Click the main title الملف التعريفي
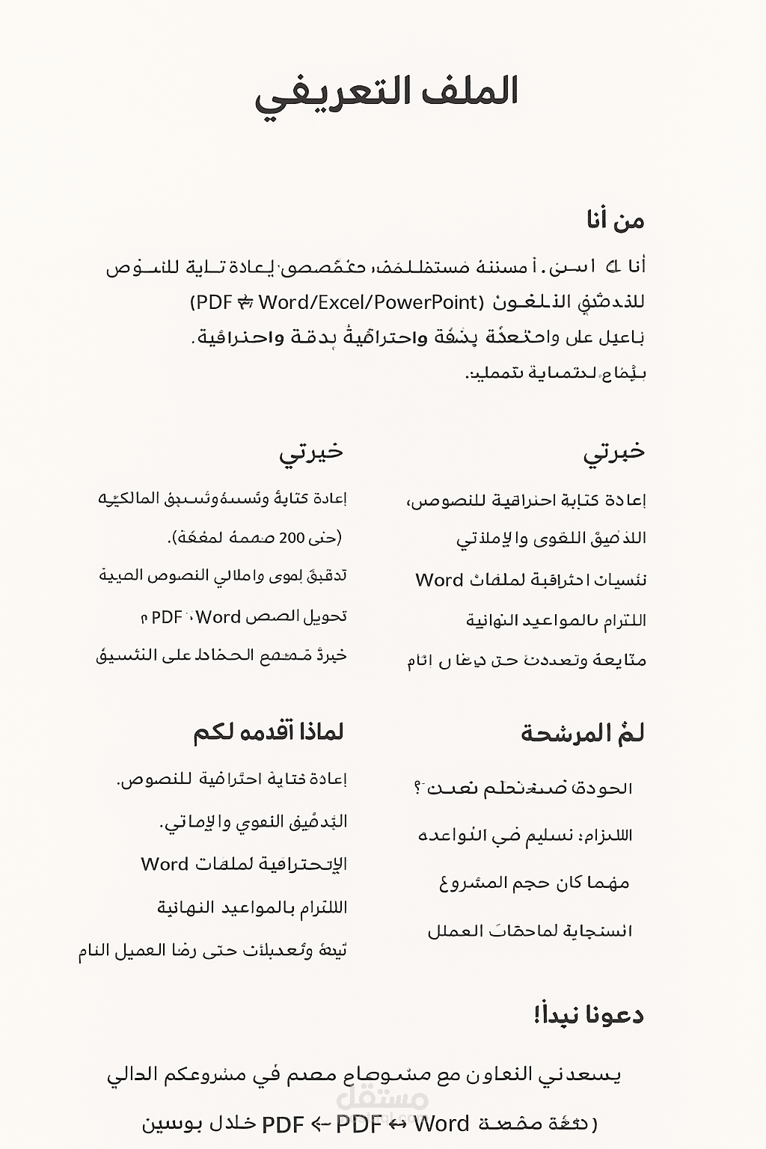(x=387, y=94)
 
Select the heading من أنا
(x=615, y=220)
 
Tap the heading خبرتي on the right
(x=613, y=453)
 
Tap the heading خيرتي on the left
(x=311, y=453)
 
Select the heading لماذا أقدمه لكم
(x=269, y=732)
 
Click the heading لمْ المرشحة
(x=583, y=733)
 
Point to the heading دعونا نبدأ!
(x=589, y=1015)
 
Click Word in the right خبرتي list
(x=440, y=580)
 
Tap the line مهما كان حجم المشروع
(x=534, y=883)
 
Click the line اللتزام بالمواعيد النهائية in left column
(x=252, y=907)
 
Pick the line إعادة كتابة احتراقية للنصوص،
(x=526, y=500)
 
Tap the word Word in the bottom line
(x=441, y=1124)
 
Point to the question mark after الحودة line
(x=417, y=788)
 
